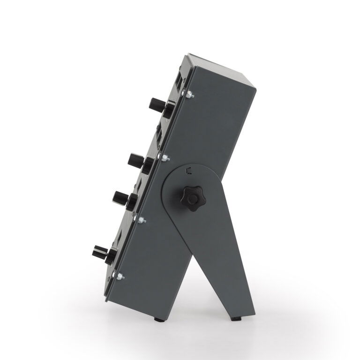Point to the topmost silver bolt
tap(188, 95)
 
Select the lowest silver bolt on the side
tap(120, 276)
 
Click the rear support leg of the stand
tap(230, 272)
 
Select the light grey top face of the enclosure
tap(220, 66)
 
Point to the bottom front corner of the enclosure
tap(106, 300)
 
